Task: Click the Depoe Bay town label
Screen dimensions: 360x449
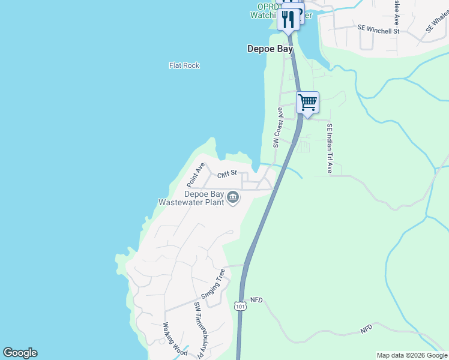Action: (x=270, y=49)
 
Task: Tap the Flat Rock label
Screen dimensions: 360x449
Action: (x=184, y=65)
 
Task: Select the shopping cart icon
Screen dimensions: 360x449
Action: (x=307, y=102)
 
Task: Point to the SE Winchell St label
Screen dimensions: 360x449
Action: (x=378, y=29)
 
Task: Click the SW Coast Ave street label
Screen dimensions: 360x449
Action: (x=277, y=128)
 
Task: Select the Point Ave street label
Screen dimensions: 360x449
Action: (x=196, y=173)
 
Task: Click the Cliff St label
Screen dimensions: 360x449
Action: (x=228, y=174)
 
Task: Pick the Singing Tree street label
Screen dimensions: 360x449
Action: (x=213, y=284)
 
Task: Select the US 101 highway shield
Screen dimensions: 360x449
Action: (x=240, y=305)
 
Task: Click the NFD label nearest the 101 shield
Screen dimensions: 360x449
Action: (x=256, y=299)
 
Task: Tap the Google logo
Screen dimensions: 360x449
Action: (x=20, y=353)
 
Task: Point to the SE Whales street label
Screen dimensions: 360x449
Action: (x=437, y=21)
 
